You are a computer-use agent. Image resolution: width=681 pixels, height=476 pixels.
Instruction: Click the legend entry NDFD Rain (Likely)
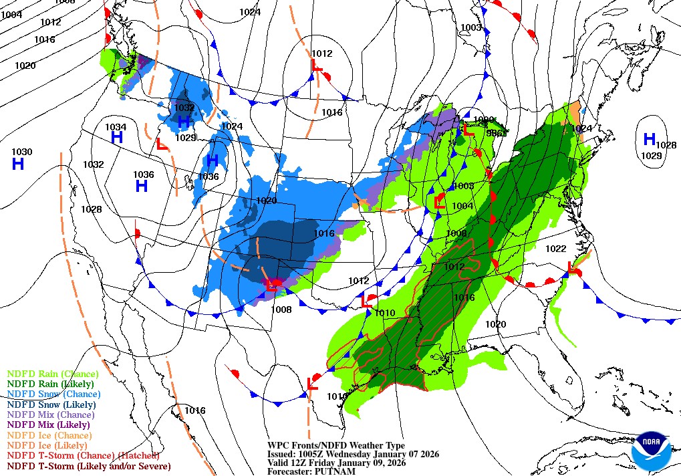pos(50,384)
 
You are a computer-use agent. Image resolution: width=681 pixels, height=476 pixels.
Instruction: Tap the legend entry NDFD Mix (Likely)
pos(48,425)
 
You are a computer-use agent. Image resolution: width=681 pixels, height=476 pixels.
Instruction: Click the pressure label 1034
pos(116,127)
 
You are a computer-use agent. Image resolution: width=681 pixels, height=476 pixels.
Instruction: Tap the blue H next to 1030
pos(18,164)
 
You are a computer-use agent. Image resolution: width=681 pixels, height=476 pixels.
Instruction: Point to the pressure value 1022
pos(555,249)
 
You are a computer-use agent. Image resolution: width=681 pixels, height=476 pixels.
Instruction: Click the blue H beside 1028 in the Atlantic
pos(648,139)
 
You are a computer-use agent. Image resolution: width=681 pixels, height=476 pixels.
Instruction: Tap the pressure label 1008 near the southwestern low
pos(282,310)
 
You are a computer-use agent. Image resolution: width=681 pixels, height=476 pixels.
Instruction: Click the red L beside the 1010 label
pos(366,302)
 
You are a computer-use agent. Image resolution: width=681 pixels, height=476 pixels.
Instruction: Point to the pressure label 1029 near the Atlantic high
pos(651,156)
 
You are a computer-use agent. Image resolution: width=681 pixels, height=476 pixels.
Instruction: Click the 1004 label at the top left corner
pos(11,15)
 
